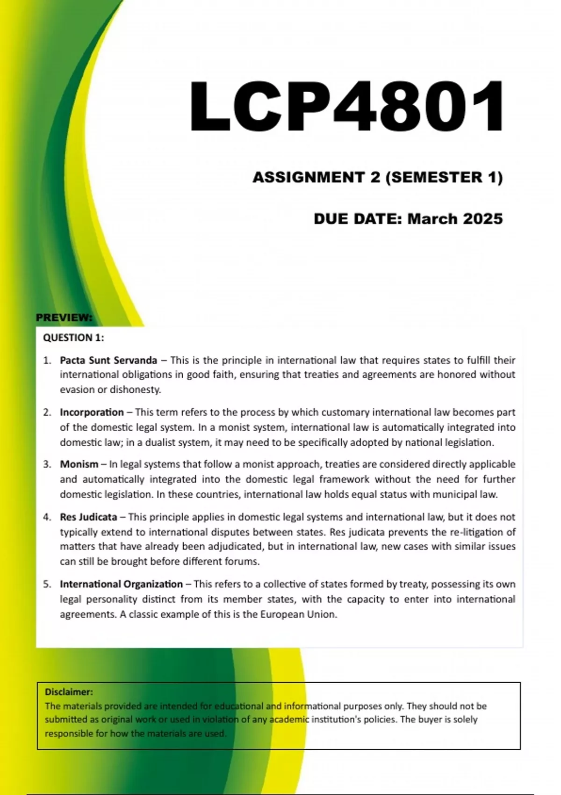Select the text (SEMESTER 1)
click(444, 177)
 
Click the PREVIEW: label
click(64, 318)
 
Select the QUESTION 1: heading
click(73, 338)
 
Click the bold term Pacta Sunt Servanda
click(108, 360)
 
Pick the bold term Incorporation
click(92, 412)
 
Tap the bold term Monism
click(79, 464)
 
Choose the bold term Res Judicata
click(88, 517)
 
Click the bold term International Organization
click(121, 584)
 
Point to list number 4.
click(47, 517)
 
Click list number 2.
click(47, 412)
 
